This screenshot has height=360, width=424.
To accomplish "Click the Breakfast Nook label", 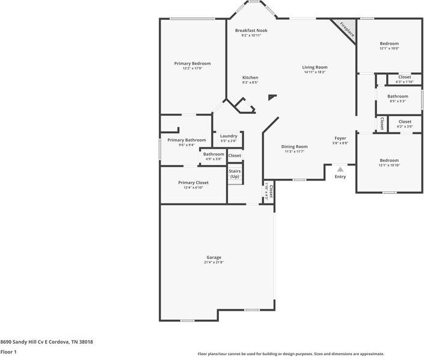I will tap(251, 30).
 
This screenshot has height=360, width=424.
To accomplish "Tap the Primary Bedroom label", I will tap(192, 63).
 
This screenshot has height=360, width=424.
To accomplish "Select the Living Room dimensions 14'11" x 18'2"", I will tap(315, 72).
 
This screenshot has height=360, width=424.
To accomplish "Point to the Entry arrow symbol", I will tap(340, 170).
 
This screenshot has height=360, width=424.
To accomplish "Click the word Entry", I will tap(340, 176).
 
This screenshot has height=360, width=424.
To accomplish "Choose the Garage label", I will tap(214, 257).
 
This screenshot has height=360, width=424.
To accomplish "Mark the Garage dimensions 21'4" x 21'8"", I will tap(214, 262).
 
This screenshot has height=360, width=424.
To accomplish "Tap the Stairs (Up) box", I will tap(234, 174).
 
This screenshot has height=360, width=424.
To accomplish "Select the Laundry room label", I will tap(229, 136).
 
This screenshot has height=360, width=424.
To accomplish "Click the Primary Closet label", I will tap(193, 182).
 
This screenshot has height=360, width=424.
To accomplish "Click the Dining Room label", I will tap(295, 146).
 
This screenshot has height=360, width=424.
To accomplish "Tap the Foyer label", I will tap(340, 138).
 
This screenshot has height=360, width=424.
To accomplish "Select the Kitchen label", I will tap(250, 78).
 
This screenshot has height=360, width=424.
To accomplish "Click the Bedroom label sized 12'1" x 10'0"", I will tap(389, 43).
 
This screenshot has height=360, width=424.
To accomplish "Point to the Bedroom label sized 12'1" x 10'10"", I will tap(389, 160).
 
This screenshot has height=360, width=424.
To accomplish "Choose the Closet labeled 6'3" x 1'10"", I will tap(405, 77).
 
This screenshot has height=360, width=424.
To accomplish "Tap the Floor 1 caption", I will tap(8, 352).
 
